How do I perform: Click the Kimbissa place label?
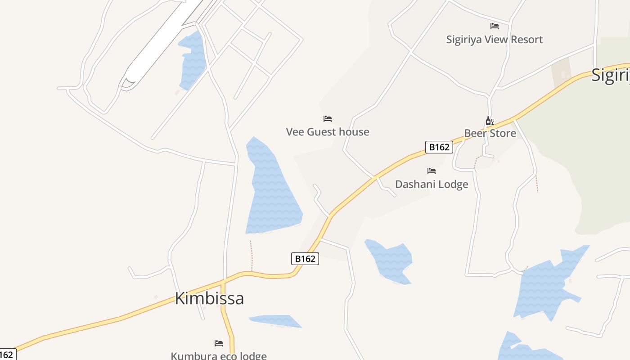click(x=209, y=298)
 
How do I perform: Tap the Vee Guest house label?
click(x=328, y=132)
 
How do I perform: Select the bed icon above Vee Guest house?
click(x=328, y=119)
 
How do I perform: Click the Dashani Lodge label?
click(x=432, y=184)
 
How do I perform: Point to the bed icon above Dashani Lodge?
click(x=432, y=171)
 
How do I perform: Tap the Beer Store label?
click(x=490, y=133)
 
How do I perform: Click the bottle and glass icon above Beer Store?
click(x=490, y=121)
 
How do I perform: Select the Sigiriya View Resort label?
click(x=495, y=40)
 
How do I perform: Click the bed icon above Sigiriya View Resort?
click(x=495, y=26)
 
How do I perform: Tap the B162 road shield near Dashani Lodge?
click(x=439, y=147)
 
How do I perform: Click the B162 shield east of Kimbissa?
click(x=305, y=259)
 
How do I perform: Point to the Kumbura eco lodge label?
click(x=219, y=355)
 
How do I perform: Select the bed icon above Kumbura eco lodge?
click(x=219, y=343)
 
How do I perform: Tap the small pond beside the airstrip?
click(x=192, y=61)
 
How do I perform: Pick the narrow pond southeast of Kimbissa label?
click(x=275, y=321)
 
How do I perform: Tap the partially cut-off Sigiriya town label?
click(x=611, y=75)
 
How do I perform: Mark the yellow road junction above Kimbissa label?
click(x=223, y=282)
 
